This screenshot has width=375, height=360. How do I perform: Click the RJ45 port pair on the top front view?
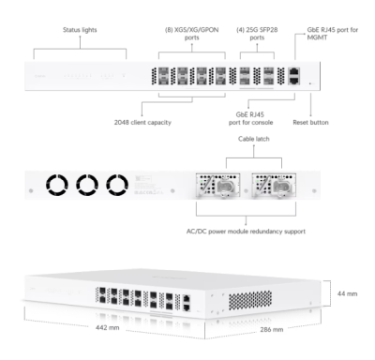pos(293,75)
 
